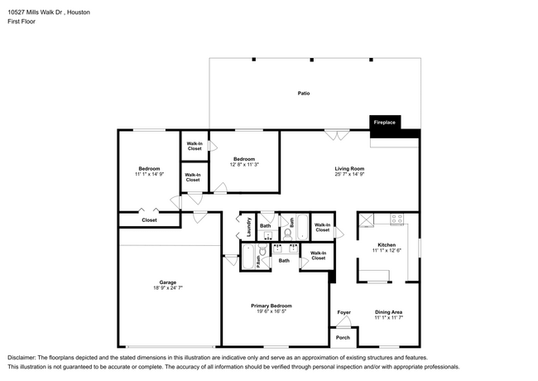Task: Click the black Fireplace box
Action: (385, 123)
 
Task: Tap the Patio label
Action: (304, 94)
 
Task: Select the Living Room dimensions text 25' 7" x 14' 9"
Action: (349, 175)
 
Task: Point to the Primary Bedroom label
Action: (271, 306)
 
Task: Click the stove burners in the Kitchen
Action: (396, 219)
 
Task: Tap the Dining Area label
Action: (387, 311)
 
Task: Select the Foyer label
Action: (343, 311)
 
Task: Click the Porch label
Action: (343, 337)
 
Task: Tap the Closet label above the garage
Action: (149, 220)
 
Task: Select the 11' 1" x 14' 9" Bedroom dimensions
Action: (149, 175)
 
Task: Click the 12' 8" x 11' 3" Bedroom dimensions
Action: (244, 164)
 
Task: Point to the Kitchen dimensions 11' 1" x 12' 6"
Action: (387, 251)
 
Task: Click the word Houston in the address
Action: (77, 13)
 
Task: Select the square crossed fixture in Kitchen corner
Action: (367, 219)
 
